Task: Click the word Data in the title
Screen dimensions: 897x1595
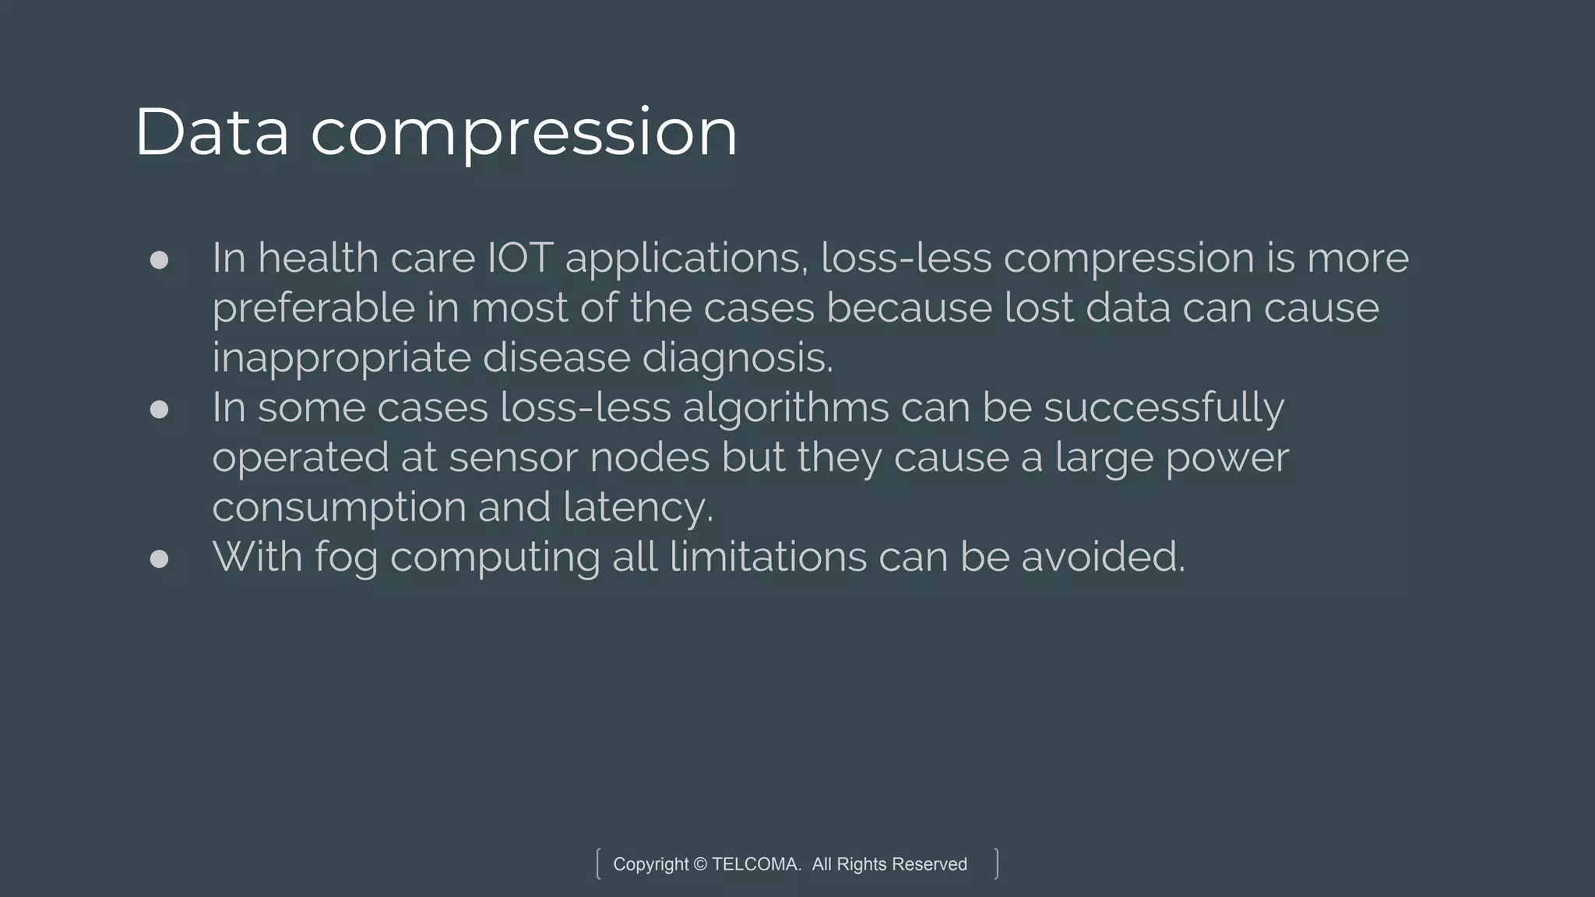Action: (212, 132)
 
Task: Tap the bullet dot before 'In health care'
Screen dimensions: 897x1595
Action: (159, 259)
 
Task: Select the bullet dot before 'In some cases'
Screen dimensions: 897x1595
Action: (159, 409)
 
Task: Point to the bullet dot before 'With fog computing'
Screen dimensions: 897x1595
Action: (159, 558)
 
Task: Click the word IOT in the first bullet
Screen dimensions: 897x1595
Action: (520, 258)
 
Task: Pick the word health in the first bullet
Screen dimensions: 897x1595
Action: (318, 258)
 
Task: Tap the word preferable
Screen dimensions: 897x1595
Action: (313, 308)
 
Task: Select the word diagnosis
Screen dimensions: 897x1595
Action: (737, 358)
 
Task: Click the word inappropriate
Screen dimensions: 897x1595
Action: (341, 358)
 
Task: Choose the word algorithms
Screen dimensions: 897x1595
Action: (785, 408)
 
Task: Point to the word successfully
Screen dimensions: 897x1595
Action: (1164, 408)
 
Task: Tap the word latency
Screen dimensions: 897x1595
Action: (638, 508)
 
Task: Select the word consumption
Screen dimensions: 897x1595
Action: (339, 508)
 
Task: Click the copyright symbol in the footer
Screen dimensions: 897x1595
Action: (699, 864)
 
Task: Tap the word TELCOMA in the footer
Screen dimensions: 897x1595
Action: (755, 864)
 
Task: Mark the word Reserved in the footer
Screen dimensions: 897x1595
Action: (928, 864)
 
